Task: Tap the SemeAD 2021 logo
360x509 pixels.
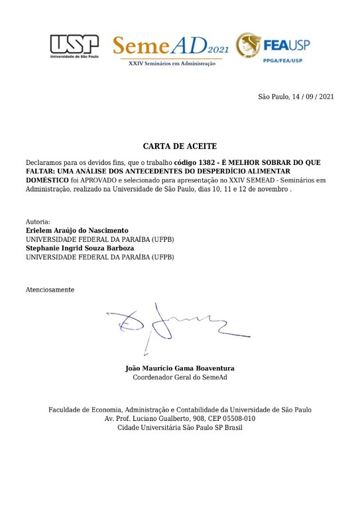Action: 172,46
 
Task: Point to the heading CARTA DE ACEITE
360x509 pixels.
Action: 180,146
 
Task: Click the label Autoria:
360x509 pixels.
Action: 38,221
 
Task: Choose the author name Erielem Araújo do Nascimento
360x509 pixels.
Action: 77,230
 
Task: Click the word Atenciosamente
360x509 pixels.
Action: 50,290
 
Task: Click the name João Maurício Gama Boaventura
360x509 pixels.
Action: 180,368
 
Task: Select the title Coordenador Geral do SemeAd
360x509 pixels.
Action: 180,378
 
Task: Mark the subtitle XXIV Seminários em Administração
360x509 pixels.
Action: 172,64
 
